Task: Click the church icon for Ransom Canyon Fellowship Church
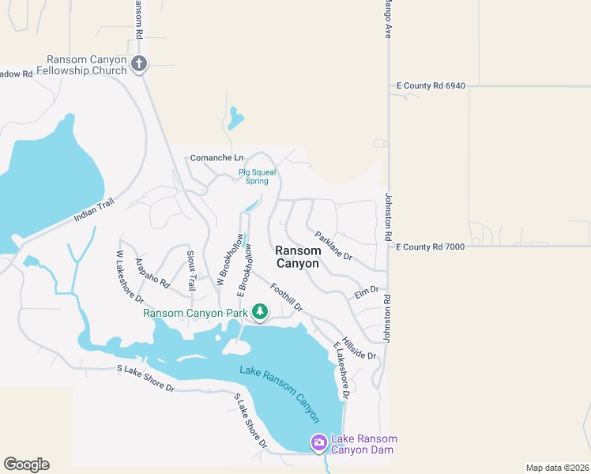tap(139, 64)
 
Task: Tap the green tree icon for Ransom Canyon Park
tap(259, 313)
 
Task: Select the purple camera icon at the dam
tap(318, 442)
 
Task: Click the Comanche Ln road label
tap(216, 158)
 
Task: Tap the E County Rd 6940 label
tap(431, 85)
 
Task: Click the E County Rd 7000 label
tap(431, 246)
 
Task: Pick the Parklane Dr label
tap(333, 246)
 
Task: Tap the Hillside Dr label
tap(359, 344)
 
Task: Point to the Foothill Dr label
tap(286, 298)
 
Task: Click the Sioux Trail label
tap(190, 269)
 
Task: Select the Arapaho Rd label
tap(152, 272)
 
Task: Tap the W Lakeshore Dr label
tap(129, 276)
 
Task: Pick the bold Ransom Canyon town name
tap(297, 257)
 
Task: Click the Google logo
tap(26, 465)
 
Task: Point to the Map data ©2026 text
tap(556, 468)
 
